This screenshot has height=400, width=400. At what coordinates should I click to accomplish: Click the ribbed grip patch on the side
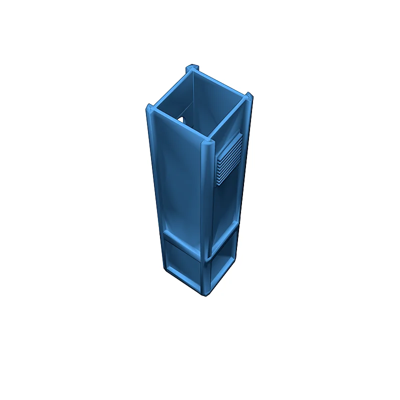click(229, 158)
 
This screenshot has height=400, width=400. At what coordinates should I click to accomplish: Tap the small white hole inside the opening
click(181, 120)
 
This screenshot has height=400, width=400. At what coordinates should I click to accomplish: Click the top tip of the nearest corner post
click(207, 143)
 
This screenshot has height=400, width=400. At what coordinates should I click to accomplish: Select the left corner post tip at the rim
click(149, 108)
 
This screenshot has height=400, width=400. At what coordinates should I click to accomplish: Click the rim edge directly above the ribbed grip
click(228, 119)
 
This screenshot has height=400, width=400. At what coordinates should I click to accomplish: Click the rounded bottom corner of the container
click(205, 294)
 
